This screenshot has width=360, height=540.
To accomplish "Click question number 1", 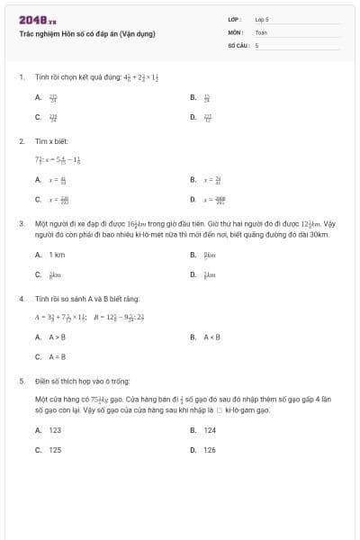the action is click(21, 77).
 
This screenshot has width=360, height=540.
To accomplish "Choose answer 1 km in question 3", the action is click(57, 255).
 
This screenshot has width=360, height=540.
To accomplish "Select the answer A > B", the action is click(57, 337).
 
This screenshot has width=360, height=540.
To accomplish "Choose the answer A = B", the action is click(57, 356).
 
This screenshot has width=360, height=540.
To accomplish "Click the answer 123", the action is click(55, 430).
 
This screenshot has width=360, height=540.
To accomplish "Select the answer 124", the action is click(210, 430).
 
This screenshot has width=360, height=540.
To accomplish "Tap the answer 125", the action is click(55, 449).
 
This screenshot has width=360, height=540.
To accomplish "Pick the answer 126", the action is click(210, 449).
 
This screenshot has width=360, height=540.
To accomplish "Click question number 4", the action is click(21, 298).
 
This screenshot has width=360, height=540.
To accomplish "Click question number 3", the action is click(21, 221).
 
